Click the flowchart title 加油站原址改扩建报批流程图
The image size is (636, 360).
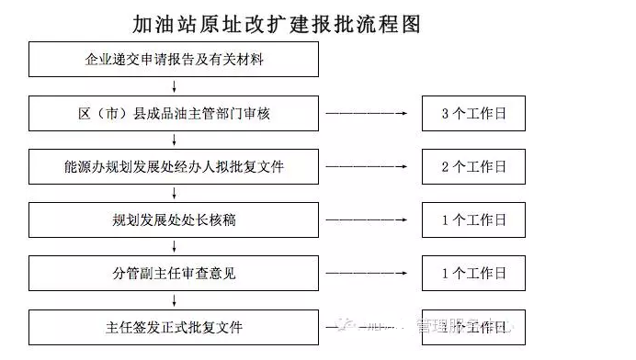point(276,23)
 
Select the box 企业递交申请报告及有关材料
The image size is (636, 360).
point(174,61)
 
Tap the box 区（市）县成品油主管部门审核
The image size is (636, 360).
point(174,114)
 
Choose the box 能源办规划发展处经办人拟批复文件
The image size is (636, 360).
point(174,167)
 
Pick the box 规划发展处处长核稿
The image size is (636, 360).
point(174,220)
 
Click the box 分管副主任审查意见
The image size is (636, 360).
point(174,274)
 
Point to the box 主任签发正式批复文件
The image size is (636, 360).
point(174,327)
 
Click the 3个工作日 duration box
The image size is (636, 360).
point(474,114)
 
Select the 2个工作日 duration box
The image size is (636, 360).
point(474,167)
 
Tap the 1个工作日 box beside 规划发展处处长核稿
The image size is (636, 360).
point(474,220)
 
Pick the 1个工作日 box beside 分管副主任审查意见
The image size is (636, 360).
point(474,274)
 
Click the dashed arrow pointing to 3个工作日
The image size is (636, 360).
point(369,114)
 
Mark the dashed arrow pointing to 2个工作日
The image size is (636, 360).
point(369,167)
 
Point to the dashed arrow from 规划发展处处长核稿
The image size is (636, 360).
point(369,220)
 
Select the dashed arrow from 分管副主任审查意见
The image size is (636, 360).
point(369,274)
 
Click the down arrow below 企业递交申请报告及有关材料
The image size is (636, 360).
point(174,87)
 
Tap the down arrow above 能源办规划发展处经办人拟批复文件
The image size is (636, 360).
point(174,141)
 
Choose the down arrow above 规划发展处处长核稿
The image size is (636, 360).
point(174,194)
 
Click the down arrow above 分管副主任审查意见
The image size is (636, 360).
point(174,247)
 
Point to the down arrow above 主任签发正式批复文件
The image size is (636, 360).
point(174,300)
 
